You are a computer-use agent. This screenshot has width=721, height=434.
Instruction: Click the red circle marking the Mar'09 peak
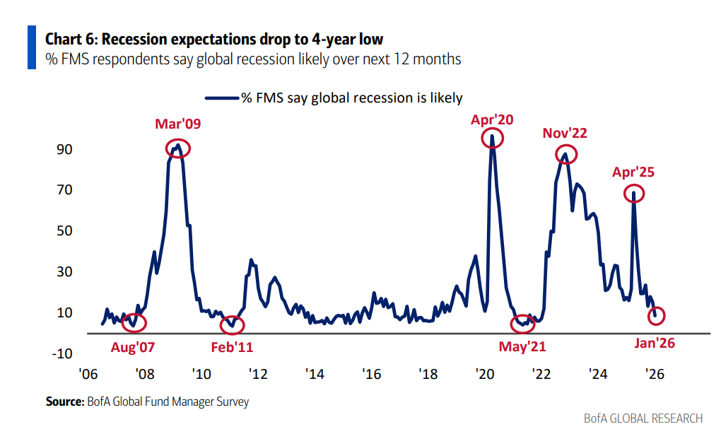[x=178, y=148]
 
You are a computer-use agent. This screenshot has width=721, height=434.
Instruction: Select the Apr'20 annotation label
[x=492, y=119]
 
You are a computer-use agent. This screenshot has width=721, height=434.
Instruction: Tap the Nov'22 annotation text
[x=565, y=133]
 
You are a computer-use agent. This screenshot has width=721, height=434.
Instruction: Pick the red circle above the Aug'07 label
[x=134, y=322]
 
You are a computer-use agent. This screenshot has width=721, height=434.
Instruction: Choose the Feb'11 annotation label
[x=232, y=347]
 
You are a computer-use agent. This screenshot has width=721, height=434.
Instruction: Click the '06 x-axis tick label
[x=88, y=374]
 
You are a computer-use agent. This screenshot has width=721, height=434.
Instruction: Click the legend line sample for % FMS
[x=221, y=98]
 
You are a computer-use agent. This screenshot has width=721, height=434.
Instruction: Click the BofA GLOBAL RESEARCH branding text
[x=643, y=418]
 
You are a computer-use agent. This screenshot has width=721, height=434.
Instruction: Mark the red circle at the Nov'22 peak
[x=565, y=154]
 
